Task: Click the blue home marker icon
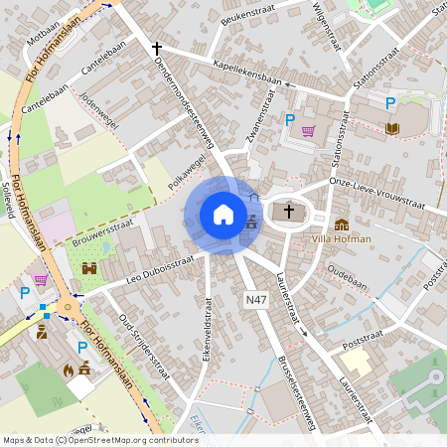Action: [x=223, y=214]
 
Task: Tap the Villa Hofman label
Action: [x=341, y=238]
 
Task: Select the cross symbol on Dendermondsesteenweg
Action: [x=156, y=48]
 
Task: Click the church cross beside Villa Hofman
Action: [x=290, y=211]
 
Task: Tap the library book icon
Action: [x=391, y=128]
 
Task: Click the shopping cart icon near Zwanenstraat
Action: [x=309, y=130]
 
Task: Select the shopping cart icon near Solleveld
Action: [x=41, y=280]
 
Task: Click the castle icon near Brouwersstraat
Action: [x=89, y=268]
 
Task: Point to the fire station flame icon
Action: [x=69, y=369]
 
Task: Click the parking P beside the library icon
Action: [x=390, y=102]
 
